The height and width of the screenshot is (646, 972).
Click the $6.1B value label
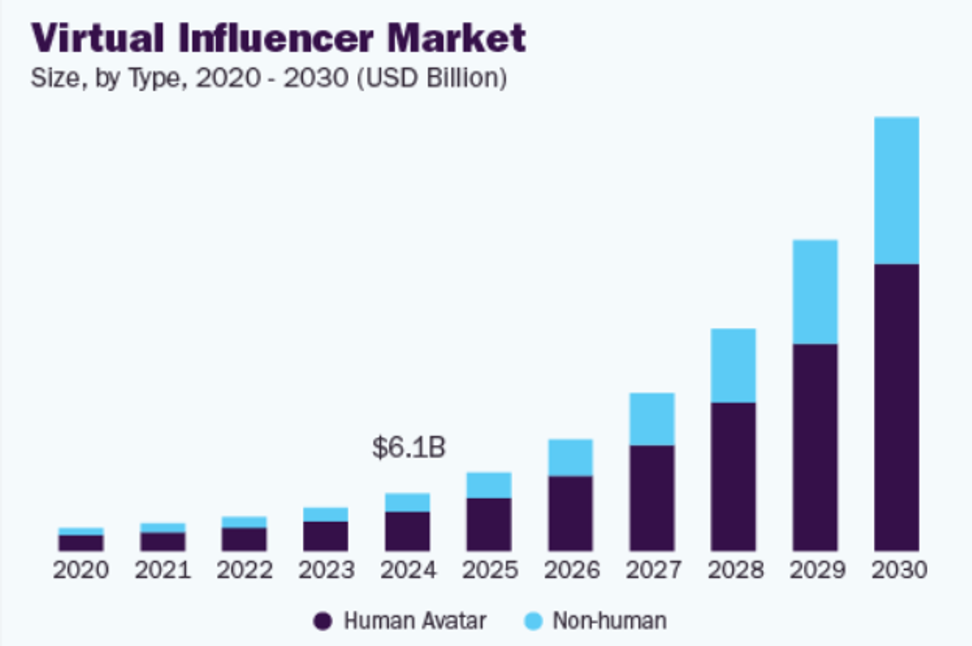coord(408,447)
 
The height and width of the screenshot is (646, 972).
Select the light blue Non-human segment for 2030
coord(896,190)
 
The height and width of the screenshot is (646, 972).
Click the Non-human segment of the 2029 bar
coord(815,292)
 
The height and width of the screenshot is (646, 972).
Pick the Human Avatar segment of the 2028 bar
coord(733,477)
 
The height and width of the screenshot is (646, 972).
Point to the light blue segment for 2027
coord(652,419)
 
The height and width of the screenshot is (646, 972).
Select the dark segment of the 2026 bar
coord(570,513)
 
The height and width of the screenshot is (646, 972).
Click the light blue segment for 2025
coord(488,485)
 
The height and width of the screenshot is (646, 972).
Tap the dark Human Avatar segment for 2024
coord(407,531)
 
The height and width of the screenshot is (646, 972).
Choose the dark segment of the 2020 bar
coord(81,542)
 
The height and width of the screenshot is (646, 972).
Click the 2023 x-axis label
coord(326,571)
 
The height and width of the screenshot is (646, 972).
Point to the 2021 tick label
coord(163,571)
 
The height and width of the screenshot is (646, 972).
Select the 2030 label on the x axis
coord(897,571)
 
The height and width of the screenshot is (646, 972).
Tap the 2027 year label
coord(653,571)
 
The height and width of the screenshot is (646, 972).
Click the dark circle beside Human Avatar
coord(322,622)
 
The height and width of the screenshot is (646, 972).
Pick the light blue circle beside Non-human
coord(531,622)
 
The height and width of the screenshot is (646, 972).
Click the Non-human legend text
coord(609,622)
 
